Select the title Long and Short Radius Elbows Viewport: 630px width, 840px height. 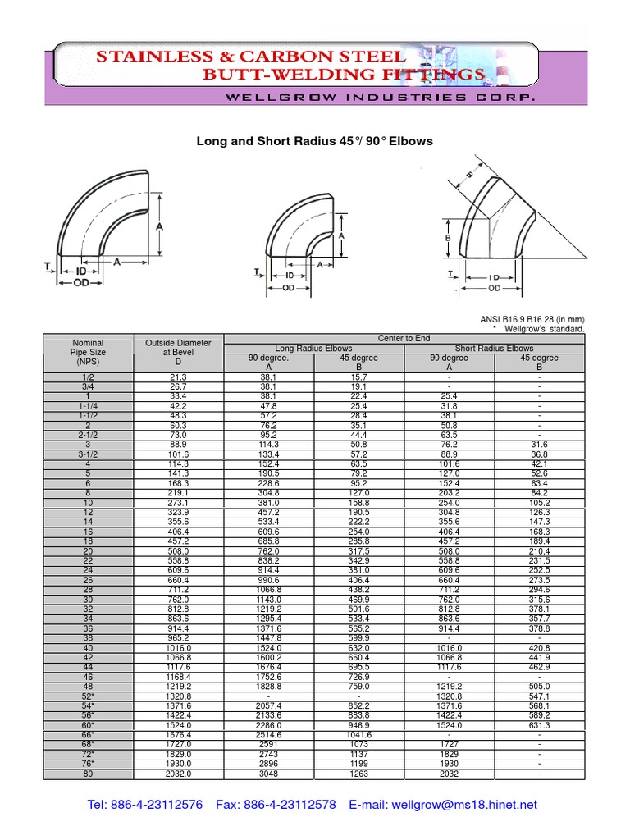[x=314, y=141]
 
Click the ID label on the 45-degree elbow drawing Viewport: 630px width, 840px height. [x=495, y=278]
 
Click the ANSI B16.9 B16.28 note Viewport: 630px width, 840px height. [x=532, y=319]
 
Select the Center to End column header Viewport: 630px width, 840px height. [x=404, y=338]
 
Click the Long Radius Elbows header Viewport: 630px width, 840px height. [x=314, y=348]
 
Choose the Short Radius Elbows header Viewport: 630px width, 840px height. [x=494, y=348]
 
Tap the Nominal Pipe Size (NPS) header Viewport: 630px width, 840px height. [x=89, y=352]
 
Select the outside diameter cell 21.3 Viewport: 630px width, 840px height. [x=178, y=377]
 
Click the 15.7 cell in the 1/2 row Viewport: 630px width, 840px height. [x=358, y=377]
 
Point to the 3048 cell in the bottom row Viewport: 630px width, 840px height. [x=269, y=773]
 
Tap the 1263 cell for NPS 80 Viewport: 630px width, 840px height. [x=358, y=773]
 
